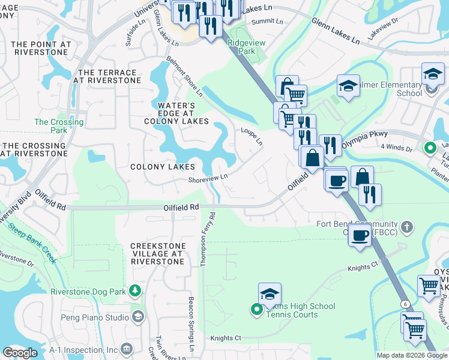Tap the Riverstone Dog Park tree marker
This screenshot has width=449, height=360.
136,292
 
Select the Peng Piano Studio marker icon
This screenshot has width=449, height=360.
138,316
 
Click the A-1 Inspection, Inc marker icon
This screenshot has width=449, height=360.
126,349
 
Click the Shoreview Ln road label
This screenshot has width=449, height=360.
208,177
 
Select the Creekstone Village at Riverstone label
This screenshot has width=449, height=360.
156,253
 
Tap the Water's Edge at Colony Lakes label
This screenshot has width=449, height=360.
176,113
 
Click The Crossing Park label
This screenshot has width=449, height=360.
59,126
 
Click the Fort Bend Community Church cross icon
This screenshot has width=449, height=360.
408,227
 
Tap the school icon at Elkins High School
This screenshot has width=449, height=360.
270,295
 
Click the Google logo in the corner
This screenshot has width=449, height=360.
20,353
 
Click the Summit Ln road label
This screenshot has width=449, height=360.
267,21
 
